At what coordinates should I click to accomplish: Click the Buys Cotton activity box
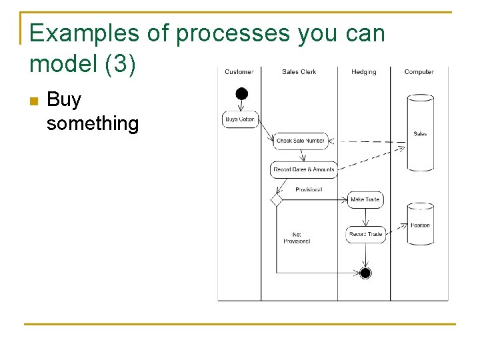240,119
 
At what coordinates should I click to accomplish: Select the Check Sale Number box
301,141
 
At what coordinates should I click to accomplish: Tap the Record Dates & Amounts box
303,169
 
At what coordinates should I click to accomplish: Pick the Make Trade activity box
365,199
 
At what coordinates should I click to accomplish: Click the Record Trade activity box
365,234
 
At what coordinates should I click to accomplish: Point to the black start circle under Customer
241,93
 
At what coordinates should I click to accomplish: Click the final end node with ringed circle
365,273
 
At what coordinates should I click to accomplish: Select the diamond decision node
277,199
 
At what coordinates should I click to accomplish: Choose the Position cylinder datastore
420,223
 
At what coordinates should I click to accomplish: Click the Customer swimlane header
239,72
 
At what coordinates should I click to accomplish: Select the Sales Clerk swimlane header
299,72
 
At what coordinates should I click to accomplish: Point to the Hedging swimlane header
363,72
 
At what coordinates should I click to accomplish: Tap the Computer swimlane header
419,72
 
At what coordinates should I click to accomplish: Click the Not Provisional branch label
297,238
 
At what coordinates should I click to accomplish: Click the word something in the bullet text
93,123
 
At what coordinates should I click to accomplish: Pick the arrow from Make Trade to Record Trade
365,217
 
